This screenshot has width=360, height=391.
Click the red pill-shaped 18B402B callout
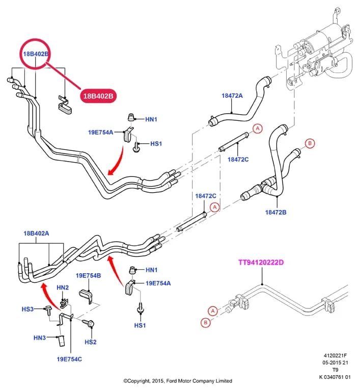pyautogui.click(x=98, y=96)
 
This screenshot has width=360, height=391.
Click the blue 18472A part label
pyautogui.click(x=232, y=95)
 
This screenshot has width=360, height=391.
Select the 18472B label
pyautogui.click(x=275, y=212)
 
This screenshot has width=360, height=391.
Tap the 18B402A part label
pyautogui.click(x=36, y=233)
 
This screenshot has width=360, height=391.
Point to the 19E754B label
pyautogui.click(x=88, y=276)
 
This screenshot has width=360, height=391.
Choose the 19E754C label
pyautogui.click(x=69, y=359)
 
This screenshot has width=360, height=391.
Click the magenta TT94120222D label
pyautogui.click(x=261, y=263)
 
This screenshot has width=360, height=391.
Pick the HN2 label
pyautogui.click(x=63, y=288)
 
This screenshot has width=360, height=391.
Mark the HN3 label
pyautogui.click(x=40, y=337)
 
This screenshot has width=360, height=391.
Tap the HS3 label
pyautogui.click(x=27, y=309)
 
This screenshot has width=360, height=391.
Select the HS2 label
pyautogui.click(x=91, y=342)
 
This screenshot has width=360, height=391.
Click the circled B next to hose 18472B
pyautogui.click(x=310, y=143)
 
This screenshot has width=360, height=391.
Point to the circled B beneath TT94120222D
pyautogui.click(x=206, y=322)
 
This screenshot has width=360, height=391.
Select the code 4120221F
pyautogui.click(x=335, y=356)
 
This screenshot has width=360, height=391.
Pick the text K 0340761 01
pyautogui.click(x=335, y=377)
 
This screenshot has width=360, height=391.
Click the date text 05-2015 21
pyautogui.click(x=335, y=362)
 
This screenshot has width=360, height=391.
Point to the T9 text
pyautogui.click(x=336, y=370)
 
